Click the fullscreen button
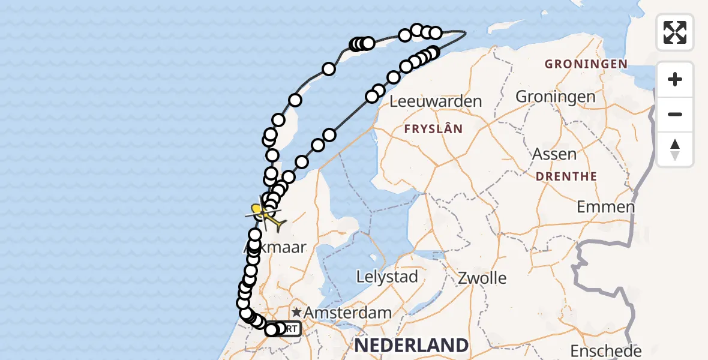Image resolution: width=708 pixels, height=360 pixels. (x=675, y=32)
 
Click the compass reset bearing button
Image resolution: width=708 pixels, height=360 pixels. (x=675, y=149)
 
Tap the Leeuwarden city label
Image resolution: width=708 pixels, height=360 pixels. (x=436, y=101)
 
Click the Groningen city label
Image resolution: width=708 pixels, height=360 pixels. (x=556, y=96)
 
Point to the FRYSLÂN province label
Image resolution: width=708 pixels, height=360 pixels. (x=433, y=129)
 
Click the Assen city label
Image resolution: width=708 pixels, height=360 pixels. (x=554, y=154)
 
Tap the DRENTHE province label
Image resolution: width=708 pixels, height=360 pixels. (x=566, y=176)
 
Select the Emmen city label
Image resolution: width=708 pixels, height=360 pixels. (x=605, y=207)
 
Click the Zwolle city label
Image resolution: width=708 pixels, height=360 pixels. (x=482, y=278)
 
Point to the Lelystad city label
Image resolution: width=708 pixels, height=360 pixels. (x=386, y=277)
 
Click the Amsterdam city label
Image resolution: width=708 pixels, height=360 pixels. (x=347, y=313)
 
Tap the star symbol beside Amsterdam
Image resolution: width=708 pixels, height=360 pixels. (x=296, y=313)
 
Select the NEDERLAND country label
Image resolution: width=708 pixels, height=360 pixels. (x=411, y=345)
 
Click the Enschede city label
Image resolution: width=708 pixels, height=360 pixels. (x=605, y=350)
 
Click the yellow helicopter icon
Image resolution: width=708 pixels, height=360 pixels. (x=265, y=215)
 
